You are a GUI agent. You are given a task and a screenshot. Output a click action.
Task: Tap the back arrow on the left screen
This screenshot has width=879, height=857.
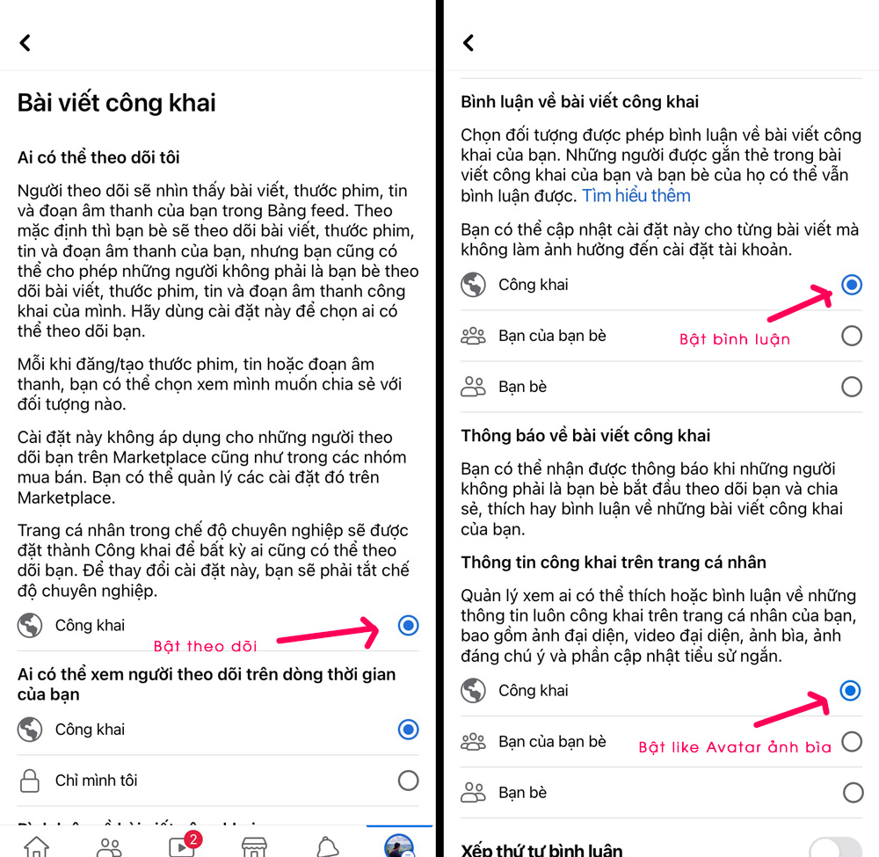point(25,42)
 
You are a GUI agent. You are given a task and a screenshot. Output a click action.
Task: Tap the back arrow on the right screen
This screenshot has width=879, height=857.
point(469,42)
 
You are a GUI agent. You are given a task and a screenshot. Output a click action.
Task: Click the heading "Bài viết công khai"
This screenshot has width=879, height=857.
point(117,103)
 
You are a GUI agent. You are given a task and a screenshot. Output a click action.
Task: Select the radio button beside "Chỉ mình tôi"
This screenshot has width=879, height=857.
point(408,781)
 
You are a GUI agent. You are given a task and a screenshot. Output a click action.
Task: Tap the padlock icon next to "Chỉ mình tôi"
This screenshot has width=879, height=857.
point(30,781)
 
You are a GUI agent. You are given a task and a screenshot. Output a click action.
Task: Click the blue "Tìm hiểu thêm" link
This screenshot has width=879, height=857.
point(636,196)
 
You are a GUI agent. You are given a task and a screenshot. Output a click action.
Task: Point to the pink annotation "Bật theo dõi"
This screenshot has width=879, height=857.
point(205,646)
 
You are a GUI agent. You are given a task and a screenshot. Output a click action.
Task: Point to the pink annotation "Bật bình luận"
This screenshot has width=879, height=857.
point(735,339)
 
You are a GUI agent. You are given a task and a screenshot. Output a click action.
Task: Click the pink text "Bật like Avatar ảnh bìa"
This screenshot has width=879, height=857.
point(735,747)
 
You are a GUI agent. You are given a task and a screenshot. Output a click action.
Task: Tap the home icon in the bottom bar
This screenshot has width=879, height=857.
point(36,846)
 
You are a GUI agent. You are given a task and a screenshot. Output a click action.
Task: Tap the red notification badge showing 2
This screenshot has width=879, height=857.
point(193,839)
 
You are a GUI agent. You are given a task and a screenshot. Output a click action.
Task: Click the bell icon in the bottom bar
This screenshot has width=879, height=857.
point(328,847)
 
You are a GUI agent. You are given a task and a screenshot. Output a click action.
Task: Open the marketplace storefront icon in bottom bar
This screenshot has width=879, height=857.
point(254,847)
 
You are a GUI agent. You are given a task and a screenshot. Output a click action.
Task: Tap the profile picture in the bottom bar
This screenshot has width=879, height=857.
point(399,846)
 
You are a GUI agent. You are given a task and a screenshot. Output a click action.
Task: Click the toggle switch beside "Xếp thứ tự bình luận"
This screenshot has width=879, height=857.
point(835,847)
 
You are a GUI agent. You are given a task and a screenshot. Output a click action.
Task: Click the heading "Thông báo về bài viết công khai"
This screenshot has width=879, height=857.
point(585,435)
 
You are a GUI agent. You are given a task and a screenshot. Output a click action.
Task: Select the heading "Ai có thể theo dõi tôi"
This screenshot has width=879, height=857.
point(98,157)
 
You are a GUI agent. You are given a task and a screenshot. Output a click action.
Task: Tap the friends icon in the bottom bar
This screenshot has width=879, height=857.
point(109,847)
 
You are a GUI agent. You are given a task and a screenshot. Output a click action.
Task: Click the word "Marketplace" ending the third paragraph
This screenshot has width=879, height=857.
point(66,497)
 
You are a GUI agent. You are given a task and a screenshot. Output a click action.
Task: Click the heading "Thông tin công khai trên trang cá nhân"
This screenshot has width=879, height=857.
point(614,563)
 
